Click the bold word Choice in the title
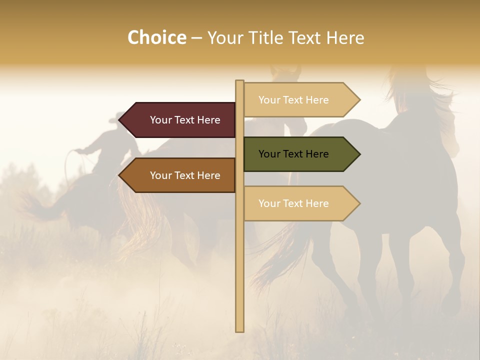click(x=156, y=37)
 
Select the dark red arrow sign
click(x=180, y=120)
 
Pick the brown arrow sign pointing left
click(x=180, y=175)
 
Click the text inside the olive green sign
click(x=293, y=154)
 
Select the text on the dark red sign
click(x=185, y=120)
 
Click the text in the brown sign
click(x=185, y=175)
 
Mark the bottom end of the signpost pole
click(x=239, y=330)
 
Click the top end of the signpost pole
click(x=239, y=82)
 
